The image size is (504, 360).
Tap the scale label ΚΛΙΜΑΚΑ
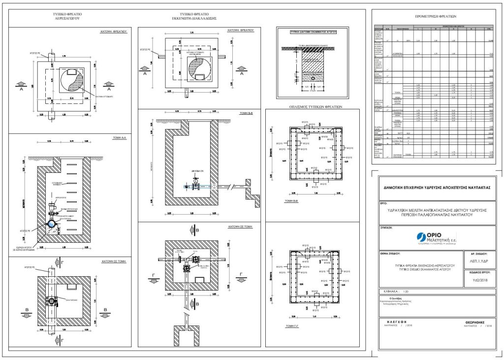[389, 292]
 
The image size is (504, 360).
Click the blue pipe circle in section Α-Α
[52, 225]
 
